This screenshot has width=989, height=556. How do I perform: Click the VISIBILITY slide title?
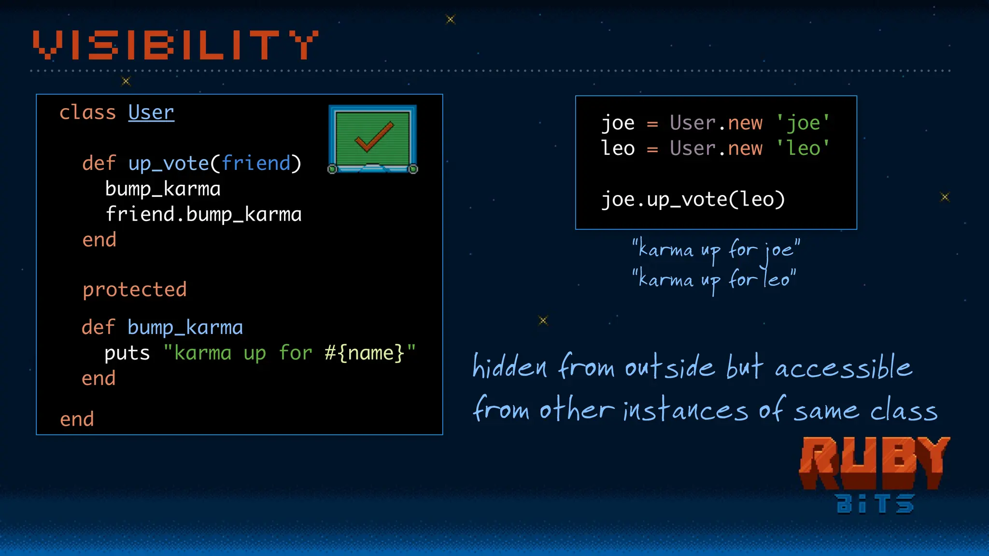(x=175, y=45)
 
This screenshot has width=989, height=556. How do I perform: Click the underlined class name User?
(x=151, y=112)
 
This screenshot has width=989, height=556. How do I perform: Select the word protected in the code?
(x=134, y=290)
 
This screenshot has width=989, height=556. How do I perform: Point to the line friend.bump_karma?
(x=203, y=214)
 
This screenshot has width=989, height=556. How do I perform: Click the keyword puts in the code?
(x=127, y=353)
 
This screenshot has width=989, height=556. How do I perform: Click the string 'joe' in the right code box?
(x=803, y=123)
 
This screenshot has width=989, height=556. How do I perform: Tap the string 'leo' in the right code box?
(x=803, y=149)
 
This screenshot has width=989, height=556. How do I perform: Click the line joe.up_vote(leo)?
(x=693, y=199)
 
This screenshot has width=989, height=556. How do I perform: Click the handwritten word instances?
(x=685, y=410)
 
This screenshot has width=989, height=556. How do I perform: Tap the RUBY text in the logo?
(x=874, y=462)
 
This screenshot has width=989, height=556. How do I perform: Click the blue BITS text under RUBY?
(x=875, y=504)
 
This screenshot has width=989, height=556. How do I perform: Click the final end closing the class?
(x=77, y=419)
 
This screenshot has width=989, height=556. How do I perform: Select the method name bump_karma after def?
(x=185, y=328)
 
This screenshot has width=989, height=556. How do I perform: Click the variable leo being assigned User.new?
(x=618, y=149)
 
